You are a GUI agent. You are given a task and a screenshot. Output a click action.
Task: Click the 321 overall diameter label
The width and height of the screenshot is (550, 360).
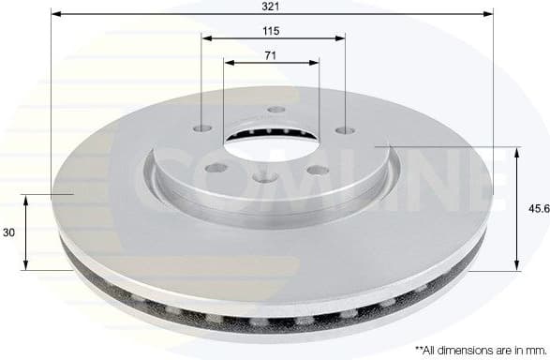271,6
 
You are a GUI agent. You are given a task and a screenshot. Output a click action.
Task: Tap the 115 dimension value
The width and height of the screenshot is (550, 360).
272,30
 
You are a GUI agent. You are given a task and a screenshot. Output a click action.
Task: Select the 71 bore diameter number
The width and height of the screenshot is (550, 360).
270,56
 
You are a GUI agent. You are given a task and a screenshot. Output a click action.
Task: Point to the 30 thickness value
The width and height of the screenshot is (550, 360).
9,232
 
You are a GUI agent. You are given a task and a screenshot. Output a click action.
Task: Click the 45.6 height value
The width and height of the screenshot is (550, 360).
538,210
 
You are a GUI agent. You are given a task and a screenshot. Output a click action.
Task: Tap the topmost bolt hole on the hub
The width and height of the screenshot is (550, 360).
275,110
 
